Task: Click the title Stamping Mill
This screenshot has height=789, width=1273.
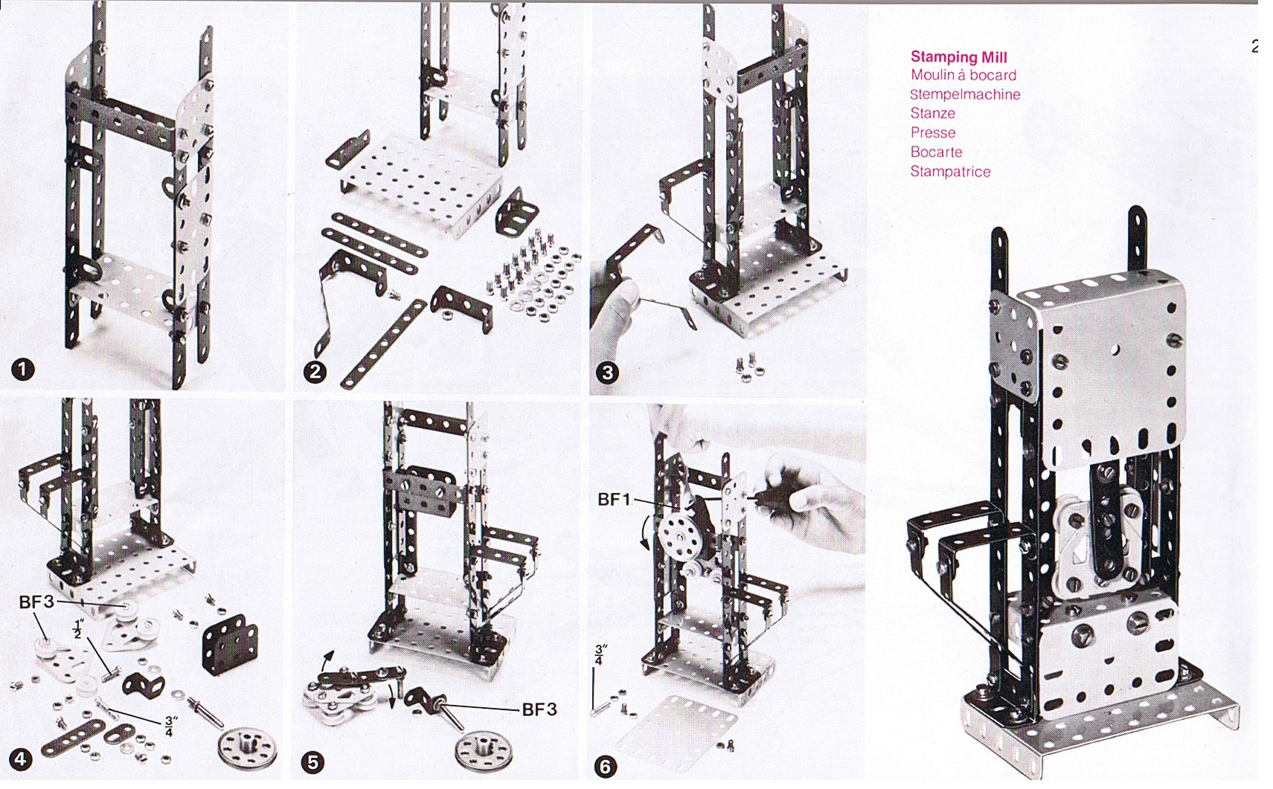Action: pyautogui.click(x=959, y=57)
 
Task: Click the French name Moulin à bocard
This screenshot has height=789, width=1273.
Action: pyautogui.click(x=963, y=76)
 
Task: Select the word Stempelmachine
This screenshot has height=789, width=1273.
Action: pyautogui.click(x=965, y=95)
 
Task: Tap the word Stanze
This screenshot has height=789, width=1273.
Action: pyautogui.click(x=932, y=114)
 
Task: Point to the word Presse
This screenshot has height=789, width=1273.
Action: pyautogui.click(x=932, y=133)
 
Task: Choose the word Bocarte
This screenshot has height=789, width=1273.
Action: pyautogui.click(x=936, y=152)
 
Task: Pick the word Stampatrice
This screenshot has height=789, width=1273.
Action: pyautogui.click(x=950, y=172)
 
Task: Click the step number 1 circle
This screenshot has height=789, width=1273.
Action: pyautogui.click(x=23, y=370)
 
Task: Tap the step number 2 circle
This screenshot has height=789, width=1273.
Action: pyautogui.click(x=315, y=372)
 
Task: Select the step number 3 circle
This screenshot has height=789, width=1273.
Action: pyautogui.click(x=608, y=373)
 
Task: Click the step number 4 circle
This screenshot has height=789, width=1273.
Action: pyautogui.click(x=20, y=759)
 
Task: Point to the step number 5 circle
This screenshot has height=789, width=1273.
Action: pyautogui.click(x=313, y=762)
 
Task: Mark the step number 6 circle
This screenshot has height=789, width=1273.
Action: pyautogui.click(x=605, y=767)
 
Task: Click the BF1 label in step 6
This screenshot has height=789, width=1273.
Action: pyautogui.click(x=615, y=499)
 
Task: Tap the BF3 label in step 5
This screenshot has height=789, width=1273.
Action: pyautogui.click(x=539, y=709)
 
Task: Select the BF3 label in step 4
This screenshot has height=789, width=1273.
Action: pyautogui.click(x=36, y=602)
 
